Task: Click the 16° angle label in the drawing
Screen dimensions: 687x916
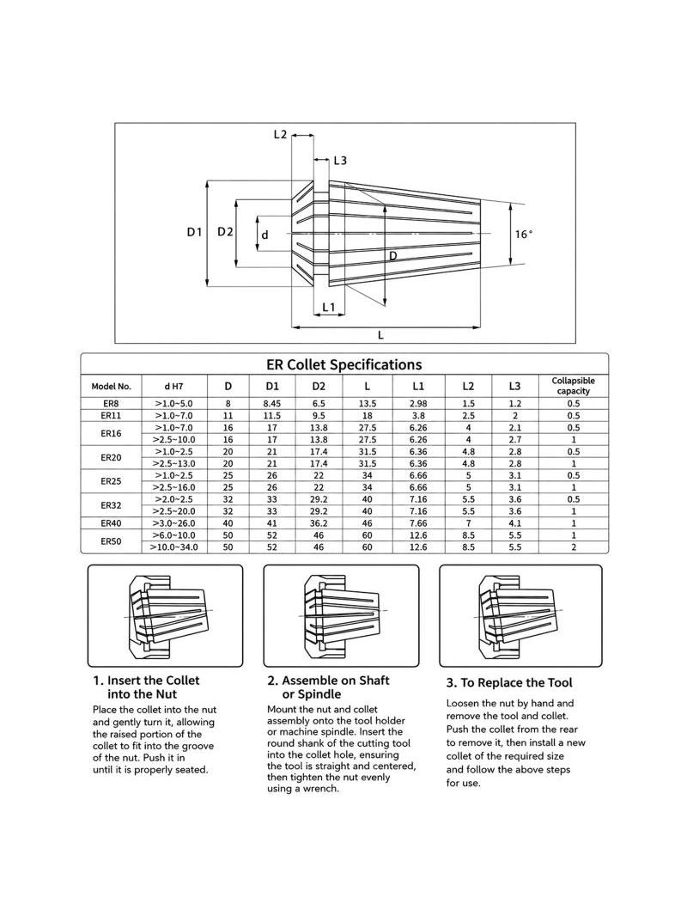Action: [524, 235]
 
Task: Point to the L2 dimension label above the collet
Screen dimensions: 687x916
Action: [280, 134]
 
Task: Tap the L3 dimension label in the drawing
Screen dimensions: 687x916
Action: [340, 160]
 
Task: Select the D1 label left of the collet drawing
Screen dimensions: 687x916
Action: [194, 232]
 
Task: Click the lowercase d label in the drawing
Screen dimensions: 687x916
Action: [265, 235]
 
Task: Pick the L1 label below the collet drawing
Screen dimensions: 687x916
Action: [329, 307]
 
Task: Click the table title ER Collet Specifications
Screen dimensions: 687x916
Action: [343, 364]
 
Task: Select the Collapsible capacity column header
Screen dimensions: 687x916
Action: [573, 386]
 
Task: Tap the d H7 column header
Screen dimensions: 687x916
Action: [173, 386]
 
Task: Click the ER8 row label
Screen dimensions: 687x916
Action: [111, 404]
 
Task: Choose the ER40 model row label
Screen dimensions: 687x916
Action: [111, 523]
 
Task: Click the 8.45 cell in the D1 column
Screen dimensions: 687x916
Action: [272, 404]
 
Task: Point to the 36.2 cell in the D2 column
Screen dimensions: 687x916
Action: [319, 523]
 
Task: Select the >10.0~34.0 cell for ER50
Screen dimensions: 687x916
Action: [173, 547]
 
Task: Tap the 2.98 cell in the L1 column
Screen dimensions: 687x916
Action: [418, 404]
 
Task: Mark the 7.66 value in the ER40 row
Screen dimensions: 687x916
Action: [418, 523]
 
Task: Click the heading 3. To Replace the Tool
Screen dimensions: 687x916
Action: [509, 683]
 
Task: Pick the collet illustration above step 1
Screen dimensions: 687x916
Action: [166, 614]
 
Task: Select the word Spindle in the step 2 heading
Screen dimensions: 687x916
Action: [319, 694]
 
